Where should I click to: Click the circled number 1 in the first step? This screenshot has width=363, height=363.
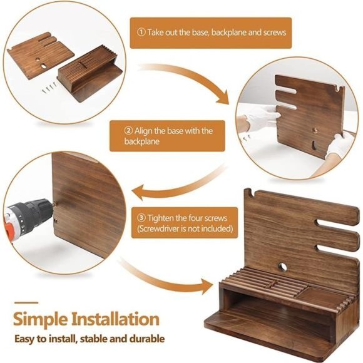[141, 32]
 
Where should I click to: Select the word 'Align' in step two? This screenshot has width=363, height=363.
[149, 131]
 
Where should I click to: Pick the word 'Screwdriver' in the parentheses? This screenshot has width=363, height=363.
[162, 230]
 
